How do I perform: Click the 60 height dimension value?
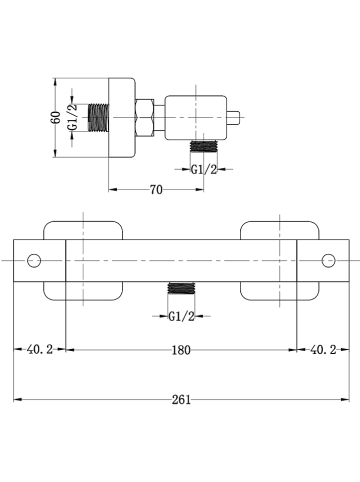tap(57, 117)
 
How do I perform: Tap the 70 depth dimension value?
tap(156, 190)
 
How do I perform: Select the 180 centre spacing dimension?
tap(181, 350)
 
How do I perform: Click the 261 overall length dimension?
tap(181, 400)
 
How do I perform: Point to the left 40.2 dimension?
tap(40, 350)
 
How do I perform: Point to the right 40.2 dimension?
tap(323, 350)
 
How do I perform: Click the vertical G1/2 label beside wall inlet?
tap(73, 117)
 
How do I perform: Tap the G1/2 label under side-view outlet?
tap(204, 170)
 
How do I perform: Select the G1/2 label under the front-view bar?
tap(181, 316)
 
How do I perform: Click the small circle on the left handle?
tap(34, 260)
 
